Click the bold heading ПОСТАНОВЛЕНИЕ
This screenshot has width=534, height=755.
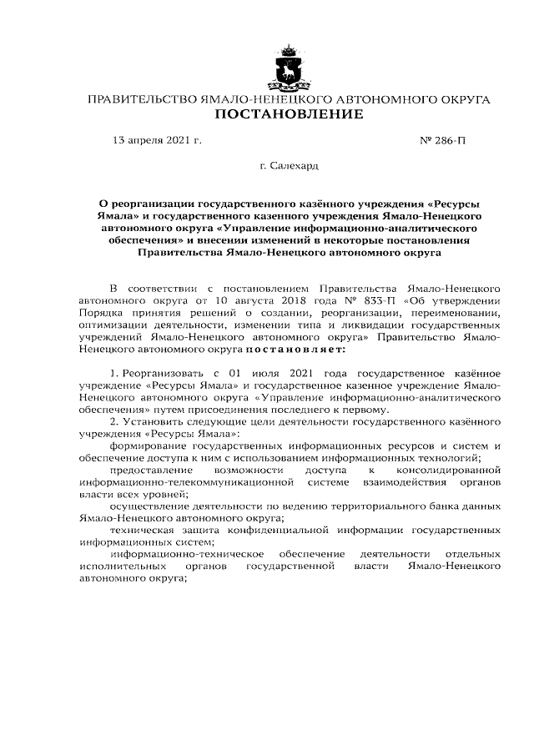tap(289, 114)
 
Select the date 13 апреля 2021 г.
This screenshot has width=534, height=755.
tap(157, 141)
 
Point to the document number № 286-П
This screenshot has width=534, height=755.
tap(442, 141)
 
